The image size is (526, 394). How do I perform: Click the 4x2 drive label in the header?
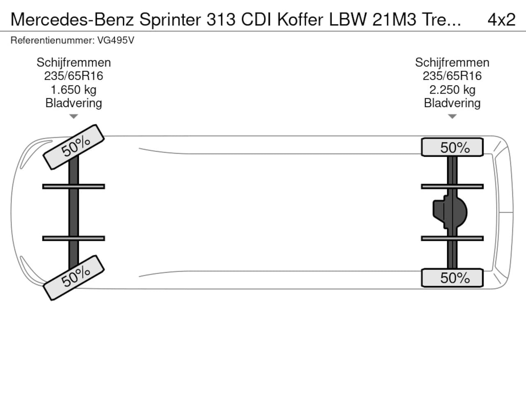501,19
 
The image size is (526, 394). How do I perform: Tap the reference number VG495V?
115,40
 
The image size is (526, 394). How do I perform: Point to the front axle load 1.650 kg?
74,89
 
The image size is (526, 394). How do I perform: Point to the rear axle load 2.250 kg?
452,89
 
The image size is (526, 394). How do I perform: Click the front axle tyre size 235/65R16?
74,76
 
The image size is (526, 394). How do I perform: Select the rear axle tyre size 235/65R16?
452,76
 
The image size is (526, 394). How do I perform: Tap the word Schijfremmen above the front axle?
74,62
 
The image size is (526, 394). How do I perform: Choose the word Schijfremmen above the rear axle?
452,62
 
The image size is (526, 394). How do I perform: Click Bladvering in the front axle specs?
74,103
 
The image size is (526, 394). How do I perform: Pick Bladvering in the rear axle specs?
452,103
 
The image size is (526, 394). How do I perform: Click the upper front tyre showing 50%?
74,147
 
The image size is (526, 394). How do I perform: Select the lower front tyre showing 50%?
74,277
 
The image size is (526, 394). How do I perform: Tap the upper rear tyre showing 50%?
452,147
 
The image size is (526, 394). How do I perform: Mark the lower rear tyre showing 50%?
452,278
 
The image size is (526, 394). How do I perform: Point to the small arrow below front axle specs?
74,117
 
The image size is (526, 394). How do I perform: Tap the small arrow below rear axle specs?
452,117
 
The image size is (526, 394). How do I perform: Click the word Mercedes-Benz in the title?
72,19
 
